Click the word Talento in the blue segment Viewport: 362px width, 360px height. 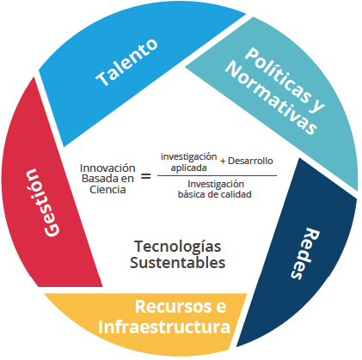pyautogui.click(x=126, y=63)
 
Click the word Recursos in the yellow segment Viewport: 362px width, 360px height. pyautogui.click(x=174, y=307)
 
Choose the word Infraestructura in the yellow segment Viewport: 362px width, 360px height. pyautogui.click(x=164, y=327)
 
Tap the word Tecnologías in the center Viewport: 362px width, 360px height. pyautogui.click(x=178, y=247)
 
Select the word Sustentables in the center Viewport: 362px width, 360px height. pyautogui.click(x=178, y=263)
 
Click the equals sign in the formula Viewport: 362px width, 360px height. pyautogui.click(x=146, y=176)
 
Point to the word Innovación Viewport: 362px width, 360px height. pyautogui.click(x=107, y=168)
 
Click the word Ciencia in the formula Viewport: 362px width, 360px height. pyautogui.click(x=107, y=190)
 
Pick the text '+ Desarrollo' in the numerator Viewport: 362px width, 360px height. pyautogui.click(x=247, y=161)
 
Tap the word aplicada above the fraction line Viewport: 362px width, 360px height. pyautogui.click(x=188, y=168)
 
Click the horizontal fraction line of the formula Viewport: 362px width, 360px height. pyautogui.click(x=217, y=175)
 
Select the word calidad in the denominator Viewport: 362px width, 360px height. pyautogui.click(x=236, y=194)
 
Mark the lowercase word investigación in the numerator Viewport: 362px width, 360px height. pyautogui.click(x=189, y=157)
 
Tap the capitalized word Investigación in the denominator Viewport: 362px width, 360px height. pyautogui.click(x=216, y=184)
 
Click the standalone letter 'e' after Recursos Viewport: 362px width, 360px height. pyautogui.click(x=221, y=308)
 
